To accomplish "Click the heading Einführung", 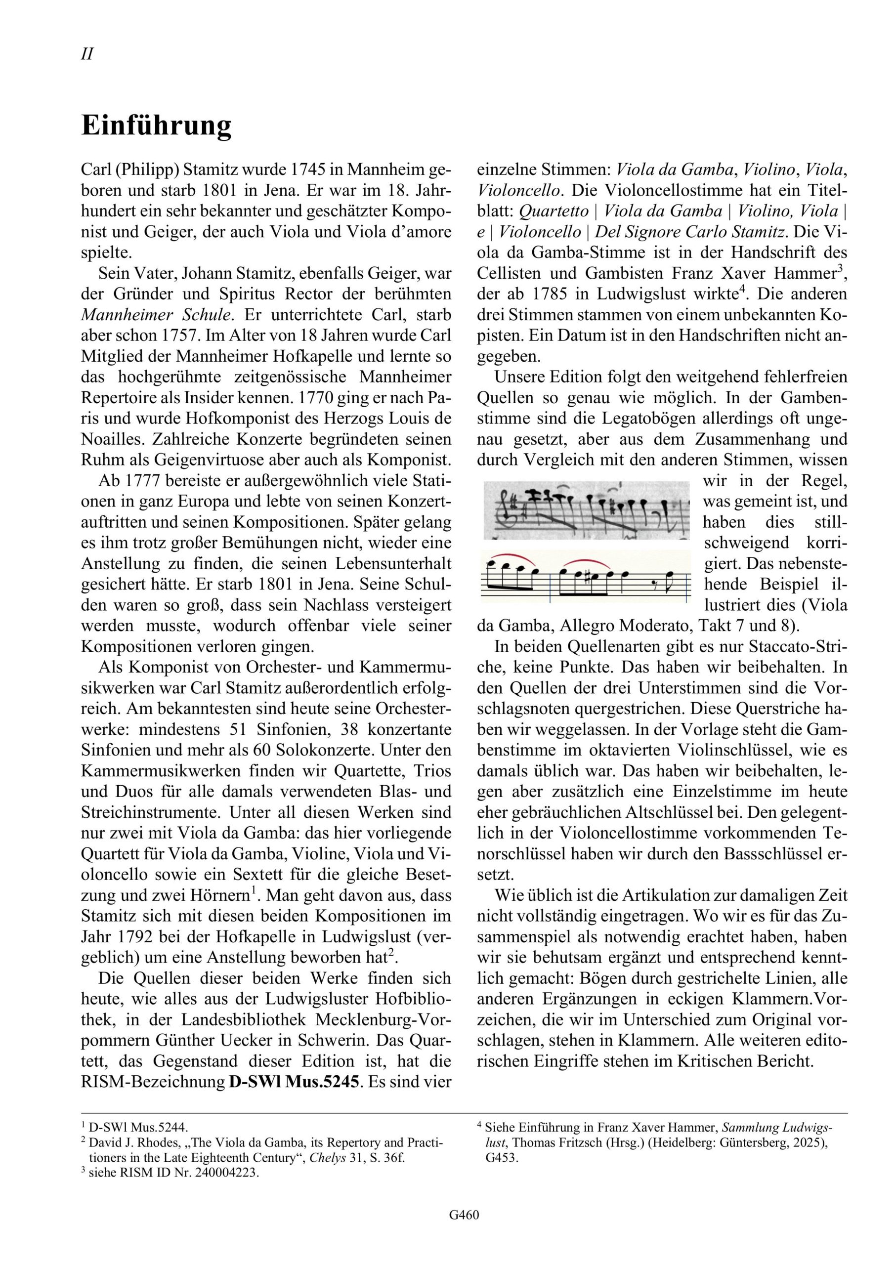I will point(157,126).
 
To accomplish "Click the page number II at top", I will point(87,54).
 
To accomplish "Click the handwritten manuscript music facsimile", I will point(586,510).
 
